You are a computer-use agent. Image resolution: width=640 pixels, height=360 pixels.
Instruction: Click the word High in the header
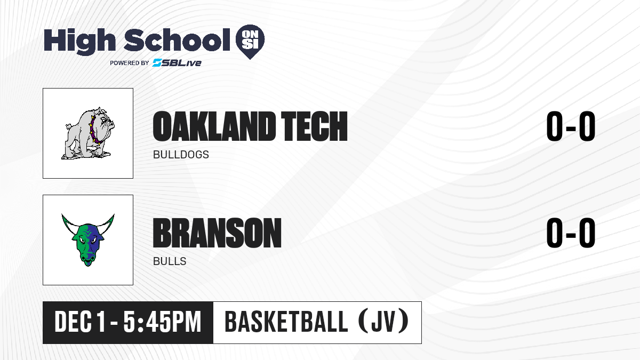point(79,41)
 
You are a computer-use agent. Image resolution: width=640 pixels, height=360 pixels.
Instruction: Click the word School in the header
point(177,40)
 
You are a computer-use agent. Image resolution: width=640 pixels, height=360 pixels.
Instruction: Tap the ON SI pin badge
point(250,42)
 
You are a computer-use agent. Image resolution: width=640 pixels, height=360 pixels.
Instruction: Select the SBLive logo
point(177,63)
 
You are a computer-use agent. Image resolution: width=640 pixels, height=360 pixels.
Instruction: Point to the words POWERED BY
point(130,63)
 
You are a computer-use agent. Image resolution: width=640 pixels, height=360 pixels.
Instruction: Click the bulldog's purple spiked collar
point(93,130)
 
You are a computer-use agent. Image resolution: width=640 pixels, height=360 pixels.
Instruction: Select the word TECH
point(314,126)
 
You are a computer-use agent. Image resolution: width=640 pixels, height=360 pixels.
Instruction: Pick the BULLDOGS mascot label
point(181,155)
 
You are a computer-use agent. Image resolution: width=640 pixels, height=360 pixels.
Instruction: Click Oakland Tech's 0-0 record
point(571,126)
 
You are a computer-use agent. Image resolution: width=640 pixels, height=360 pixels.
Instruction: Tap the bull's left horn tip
point(62,215)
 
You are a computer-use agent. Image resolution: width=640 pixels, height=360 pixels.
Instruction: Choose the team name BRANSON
point(217,233)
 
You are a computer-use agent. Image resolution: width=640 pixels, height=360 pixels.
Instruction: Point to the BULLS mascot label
point(170,261)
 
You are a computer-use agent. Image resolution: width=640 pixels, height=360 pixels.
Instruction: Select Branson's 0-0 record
point(571,233)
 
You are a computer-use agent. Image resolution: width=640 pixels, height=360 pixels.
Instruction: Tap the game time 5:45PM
point(162,322)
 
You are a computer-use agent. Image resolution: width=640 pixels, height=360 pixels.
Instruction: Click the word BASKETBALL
point(286,322)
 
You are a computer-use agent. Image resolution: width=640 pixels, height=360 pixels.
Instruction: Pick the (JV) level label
point(383,322)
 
